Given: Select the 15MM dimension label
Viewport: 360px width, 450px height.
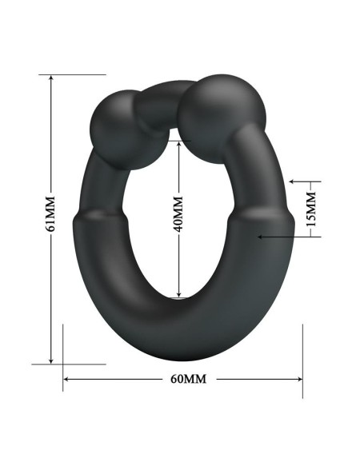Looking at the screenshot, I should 312,208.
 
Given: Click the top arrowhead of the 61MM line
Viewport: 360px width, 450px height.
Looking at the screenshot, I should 50,79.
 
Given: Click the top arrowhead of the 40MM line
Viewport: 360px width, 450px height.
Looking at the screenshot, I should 178,144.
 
